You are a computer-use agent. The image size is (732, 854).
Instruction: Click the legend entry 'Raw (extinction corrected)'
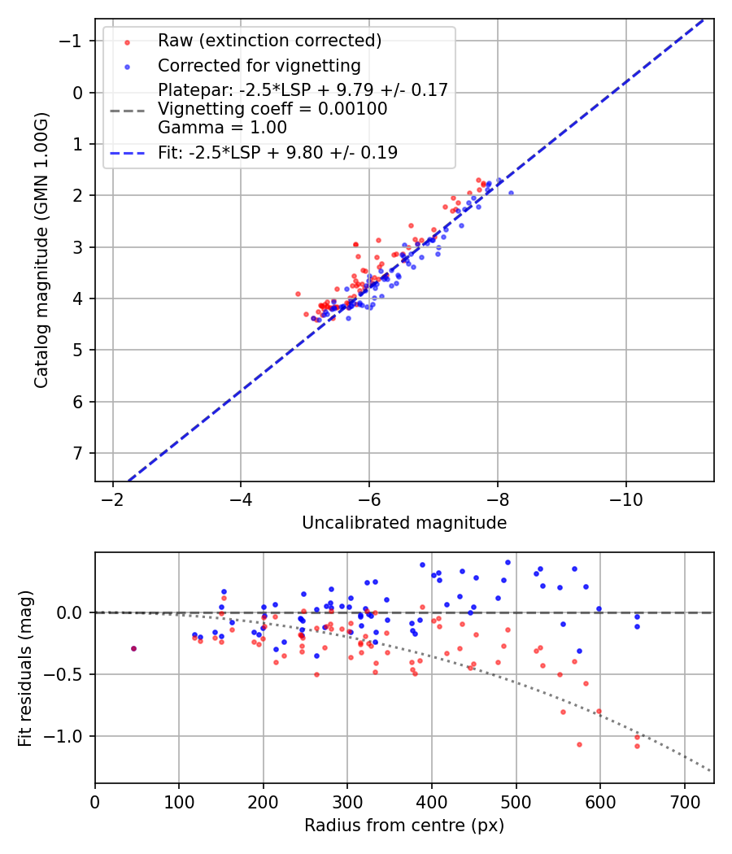(269, 41)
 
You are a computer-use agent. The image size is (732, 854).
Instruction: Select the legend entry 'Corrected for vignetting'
(259, 66)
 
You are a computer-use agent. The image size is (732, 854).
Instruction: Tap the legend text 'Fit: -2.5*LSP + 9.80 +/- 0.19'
(277, 153)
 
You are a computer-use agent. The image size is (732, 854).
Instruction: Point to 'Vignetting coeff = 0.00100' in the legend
(272, 109)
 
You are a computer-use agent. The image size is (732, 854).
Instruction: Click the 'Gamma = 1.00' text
(222, 128)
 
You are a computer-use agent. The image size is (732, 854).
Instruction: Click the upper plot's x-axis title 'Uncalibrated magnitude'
(404, 523)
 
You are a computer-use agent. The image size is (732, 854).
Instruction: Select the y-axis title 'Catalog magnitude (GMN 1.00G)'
(41, 251)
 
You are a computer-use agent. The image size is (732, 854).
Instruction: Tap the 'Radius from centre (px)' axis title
(404, 826)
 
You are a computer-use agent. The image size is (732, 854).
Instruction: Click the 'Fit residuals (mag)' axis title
(26, 668)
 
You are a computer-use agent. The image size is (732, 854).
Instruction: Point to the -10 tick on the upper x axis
(625, 497)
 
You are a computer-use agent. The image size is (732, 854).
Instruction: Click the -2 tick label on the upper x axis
(112, 497)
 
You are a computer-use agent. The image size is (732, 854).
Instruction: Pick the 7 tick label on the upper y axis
(78, 453)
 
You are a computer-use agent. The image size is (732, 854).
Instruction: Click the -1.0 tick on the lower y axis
(69, 736)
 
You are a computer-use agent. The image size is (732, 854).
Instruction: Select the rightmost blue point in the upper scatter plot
(511, 193)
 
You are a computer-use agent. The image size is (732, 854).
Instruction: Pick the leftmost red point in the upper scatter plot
(298, 294)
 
